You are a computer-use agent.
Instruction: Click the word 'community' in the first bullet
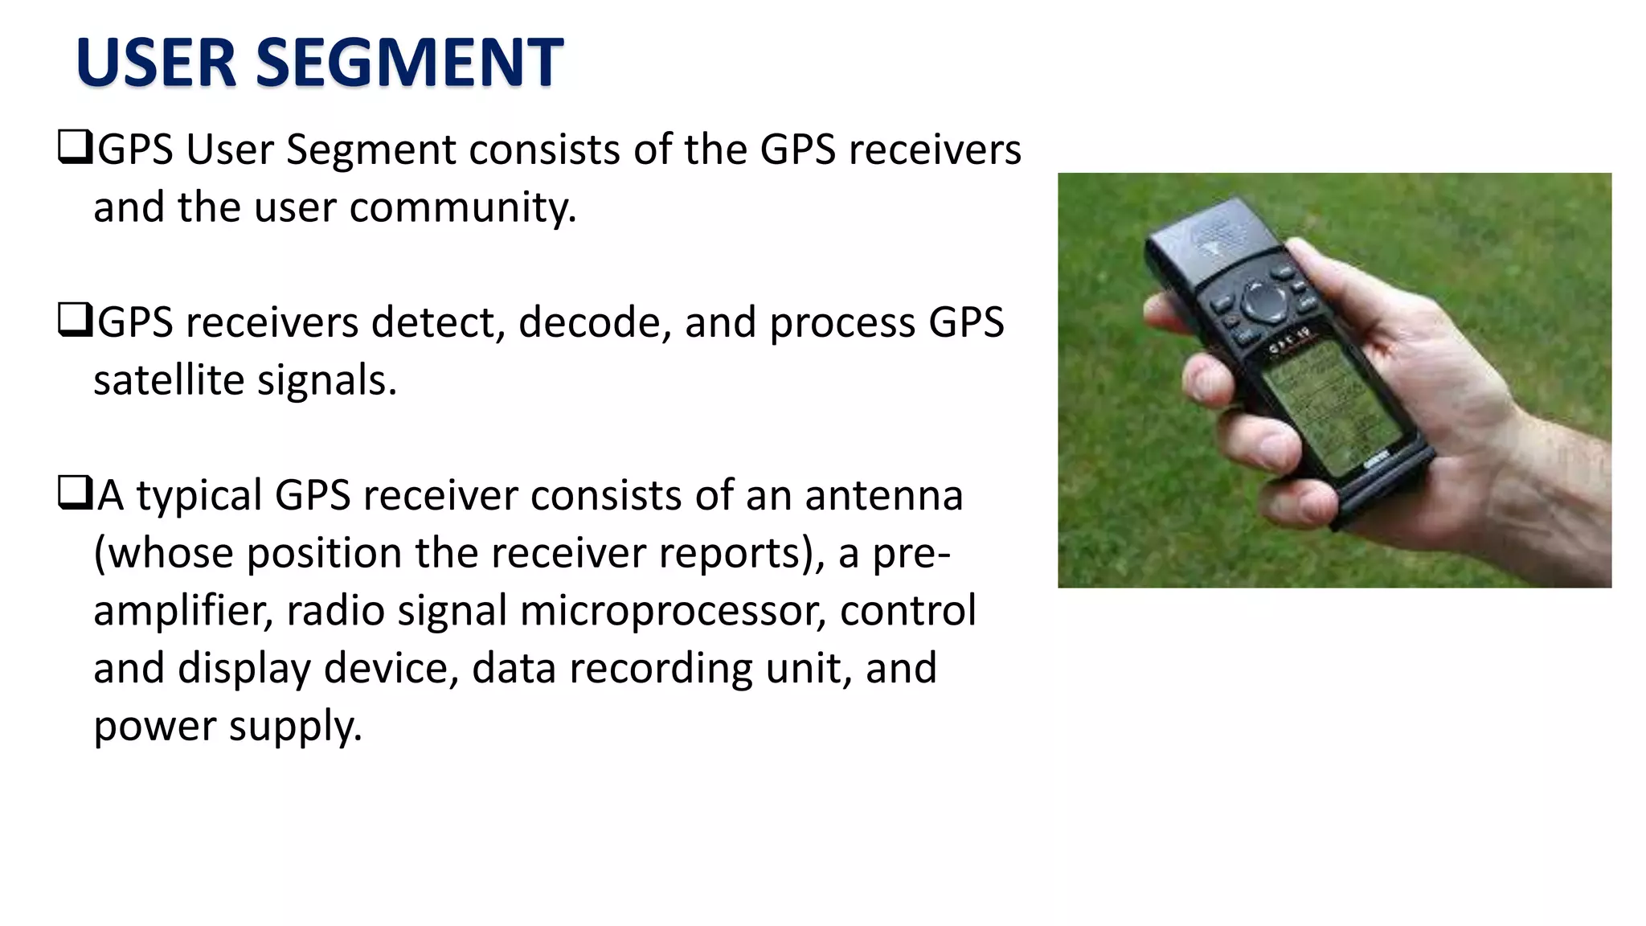pos(463,208)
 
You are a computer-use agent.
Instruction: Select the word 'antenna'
pos(884,496)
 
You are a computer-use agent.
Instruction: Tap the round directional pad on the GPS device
pos(1263,301)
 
